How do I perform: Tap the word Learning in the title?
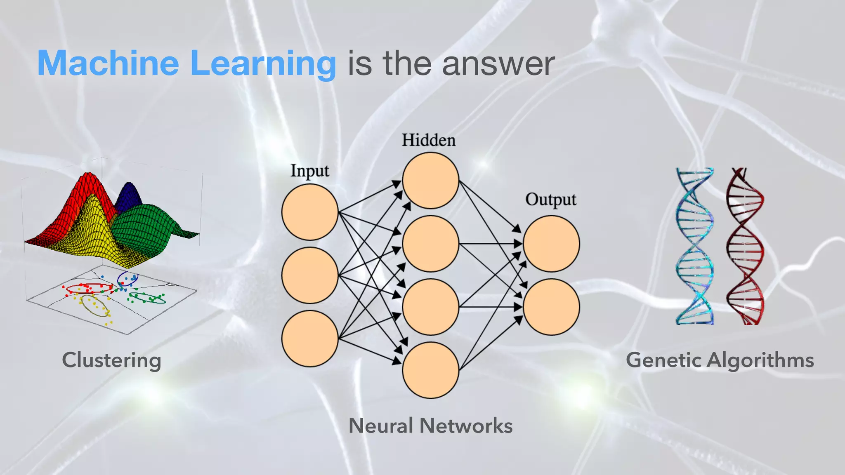(x=263, y=64)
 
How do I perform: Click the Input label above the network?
(x=309, y=171)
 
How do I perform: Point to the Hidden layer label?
(x=429, y=140)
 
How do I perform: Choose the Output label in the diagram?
(x=550, y=200)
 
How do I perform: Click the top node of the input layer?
(x=310, y=212)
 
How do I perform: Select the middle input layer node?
(x=310, y=275)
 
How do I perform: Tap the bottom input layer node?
(x=310, y=338)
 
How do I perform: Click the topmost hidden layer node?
(x=430, y=180)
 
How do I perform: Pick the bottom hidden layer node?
(x=430, y=370)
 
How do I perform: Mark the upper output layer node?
(x=551, y=244)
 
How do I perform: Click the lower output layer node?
(x=551, y=307)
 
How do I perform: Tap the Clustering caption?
(x=111, y=360)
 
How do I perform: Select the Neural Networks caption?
(x=430, y=426)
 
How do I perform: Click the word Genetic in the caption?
(x=664, y=360)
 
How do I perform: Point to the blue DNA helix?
(x=694, y=246)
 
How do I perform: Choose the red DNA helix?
(x=745, y=246)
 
